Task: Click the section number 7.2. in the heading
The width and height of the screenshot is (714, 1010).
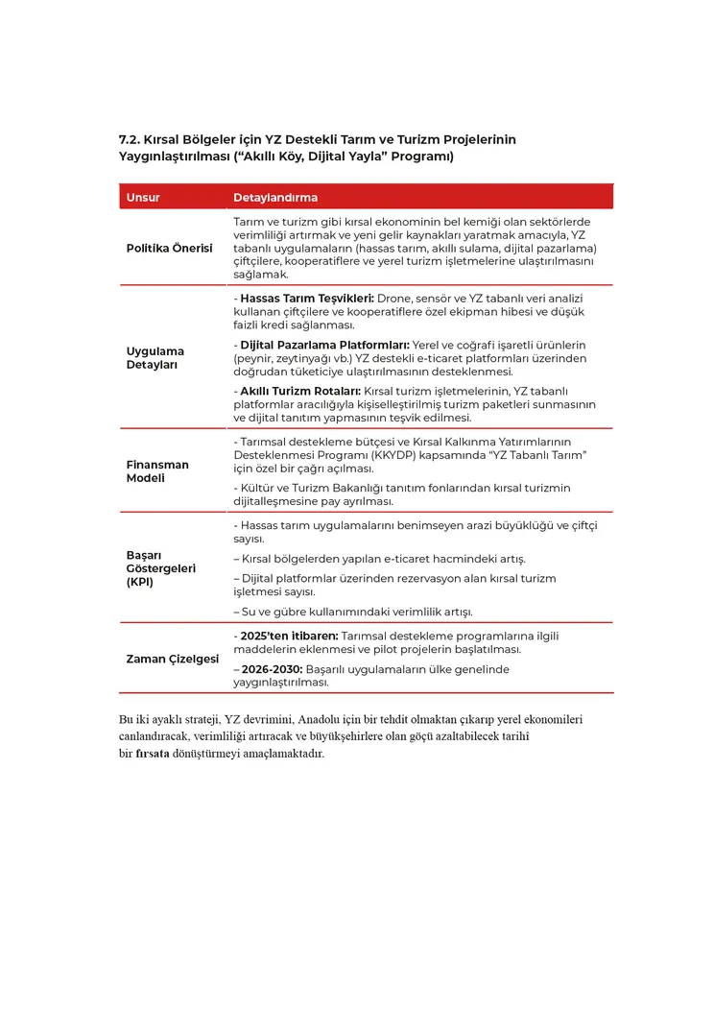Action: (130, 139)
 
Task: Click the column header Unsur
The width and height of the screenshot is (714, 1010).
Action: (143, 198)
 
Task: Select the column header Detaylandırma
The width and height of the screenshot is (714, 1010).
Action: (274, 198)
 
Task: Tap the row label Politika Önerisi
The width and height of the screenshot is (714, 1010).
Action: (169, 248)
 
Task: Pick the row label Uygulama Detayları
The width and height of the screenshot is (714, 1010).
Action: (155, 357)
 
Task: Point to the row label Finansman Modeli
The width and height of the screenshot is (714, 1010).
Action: (157, 470)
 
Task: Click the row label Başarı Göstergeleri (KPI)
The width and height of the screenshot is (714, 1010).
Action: (161, 568)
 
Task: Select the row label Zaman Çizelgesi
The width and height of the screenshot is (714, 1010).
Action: (173, 659)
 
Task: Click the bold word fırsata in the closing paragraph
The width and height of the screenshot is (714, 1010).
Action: (152, 754)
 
